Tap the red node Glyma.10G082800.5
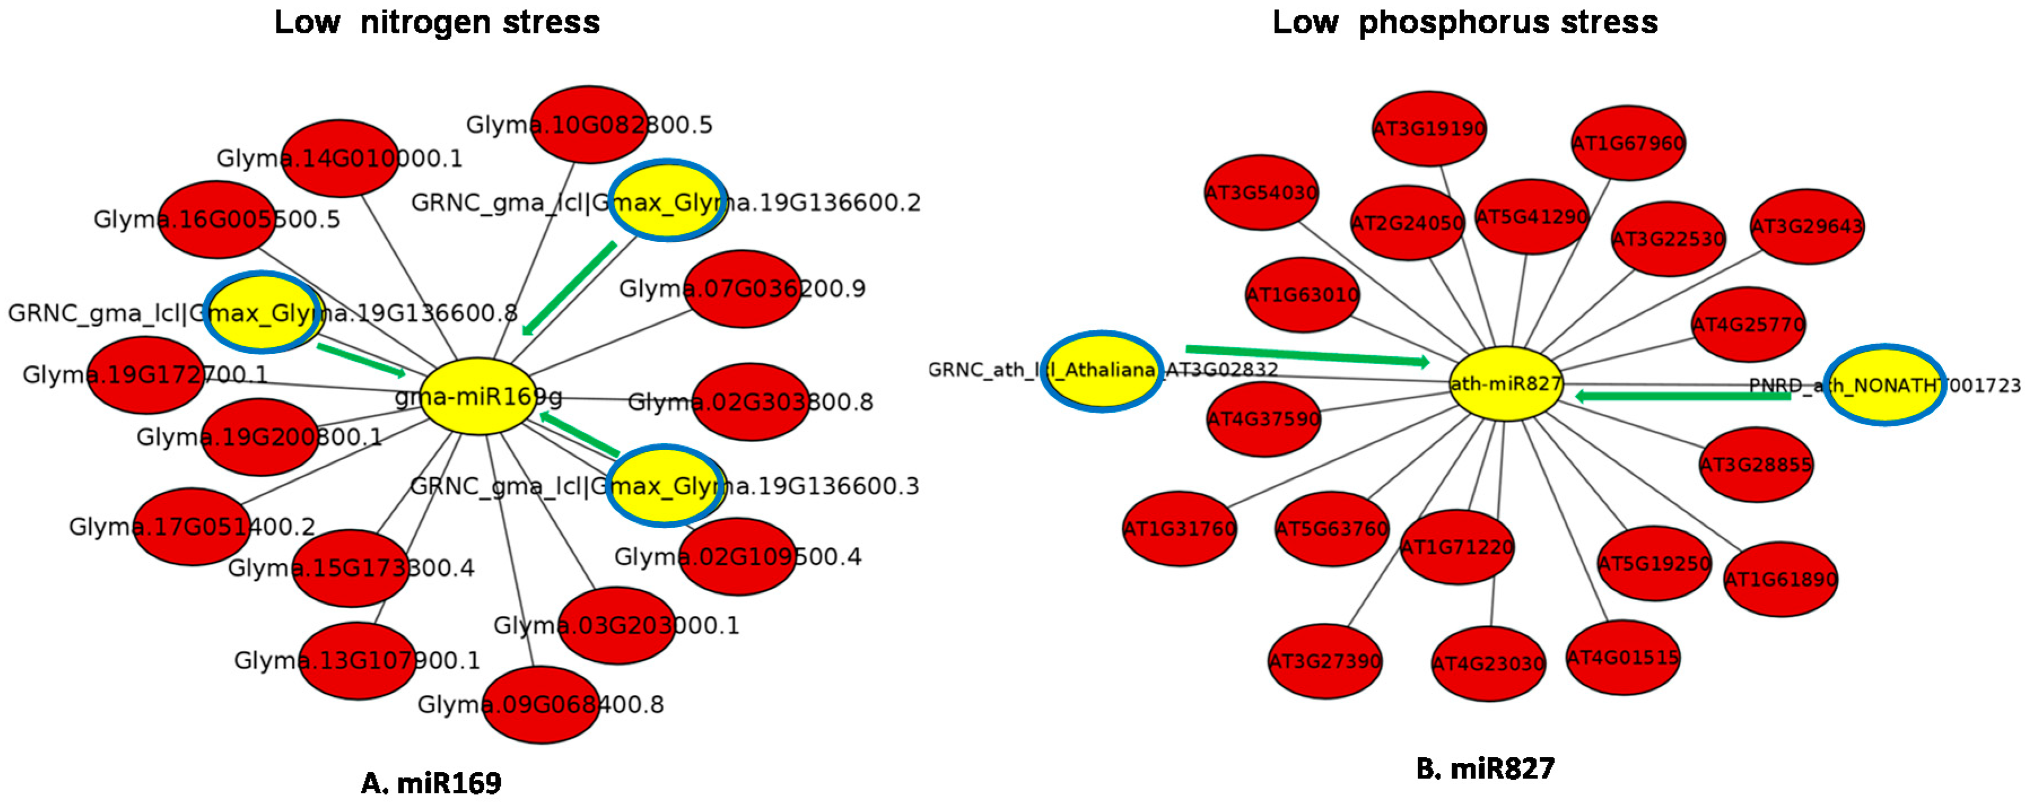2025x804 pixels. tap(589, 124)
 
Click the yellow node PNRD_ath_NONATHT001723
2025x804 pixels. tap(1884, 384)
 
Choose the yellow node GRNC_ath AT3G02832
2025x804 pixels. tap(1101, 370)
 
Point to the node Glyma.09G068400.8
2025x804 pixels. tap(540, 703)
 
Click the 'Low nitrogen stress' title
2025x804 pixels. tap(436, 22)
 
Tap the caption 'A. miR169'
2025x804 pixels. tap(431, 782)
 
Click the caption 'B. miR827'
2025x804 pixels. tap(1484, 768)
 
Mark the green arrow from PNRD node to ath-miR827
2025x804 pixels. tap(1682, 396)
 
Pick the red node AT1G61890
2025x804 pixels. tap(1780, 579)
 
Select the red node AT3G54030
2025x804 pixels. tap(1261, 193)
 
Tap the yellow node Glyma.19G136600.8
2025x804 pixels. tap(263, 312)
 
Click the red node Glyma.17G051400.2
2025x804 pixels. tap(192, 526)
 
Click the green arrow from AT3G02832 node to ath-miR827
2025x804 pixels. tap(1306, 355)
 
